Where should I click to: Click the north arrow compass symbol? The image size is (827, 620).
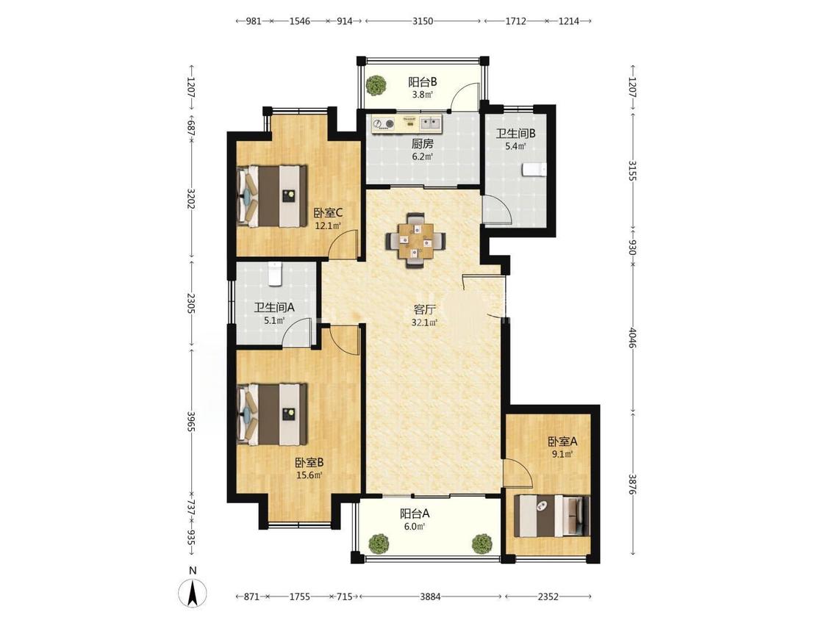click(x=193, y=593)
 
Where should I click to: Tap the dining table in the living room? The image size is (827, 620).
click(x=416, y=240)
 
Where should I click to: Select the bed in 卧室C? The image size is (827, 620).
click(x=272, y=196)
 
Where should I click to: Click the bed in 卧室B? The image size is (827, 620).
click(x=272, y=415)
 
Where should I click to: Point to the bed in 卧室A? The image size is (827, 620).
click(x=552, y=516)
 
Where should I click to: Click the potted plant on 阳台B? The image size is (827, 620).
click(x=376, y=85)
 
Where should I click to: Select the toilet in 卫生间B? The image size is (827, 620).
click(x=534, y=170)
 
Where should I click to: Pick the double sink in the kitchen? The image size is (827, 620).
click(x=431, y=123)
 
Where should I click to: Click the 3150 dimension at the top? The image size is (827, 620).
click(x=423, y=21)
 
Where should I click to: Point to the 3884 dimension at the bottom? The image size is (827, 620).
click(x=430, y=596)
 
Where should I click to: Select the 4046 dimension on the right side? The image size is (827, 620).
click(x=633, y=338)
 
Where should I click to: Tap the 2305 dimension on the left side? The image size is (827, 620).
click(x=191, y=303)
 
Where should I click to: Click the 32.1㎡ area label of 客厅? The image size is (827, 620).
click(x=424, y=322)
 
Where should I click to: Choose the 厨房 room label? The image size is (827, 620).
click(x=423, y=143)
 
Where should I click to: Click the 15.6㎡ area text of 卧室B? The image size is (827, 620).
click(x=309, y=475)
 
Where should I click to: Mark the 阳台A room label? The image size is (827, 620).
click(x=415, y=513)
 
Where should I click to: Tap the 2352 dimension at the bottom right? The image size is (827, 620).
click(x=548, y=596)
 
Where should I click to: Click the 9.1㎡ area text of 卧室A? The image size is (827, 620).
click(x=562, y=453)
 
